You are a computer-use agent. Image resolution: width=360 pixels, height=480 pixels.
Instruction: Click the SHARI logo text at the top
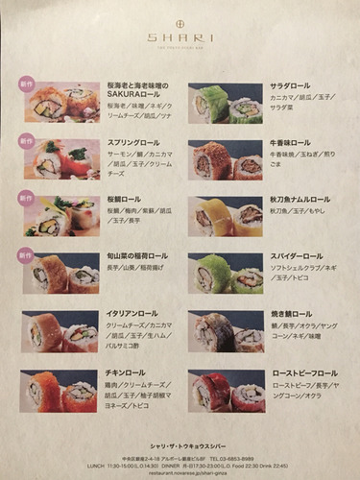pyautogui.click(x=180, y=37)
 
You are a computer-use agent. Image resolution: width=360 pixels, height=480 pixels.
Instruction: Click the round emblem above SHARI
pyautogui.click(x=180, y=20)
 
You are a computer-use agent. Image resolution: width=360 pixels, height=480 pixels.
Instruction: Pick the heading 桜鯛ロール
pyautogui.click(x=121, y=199)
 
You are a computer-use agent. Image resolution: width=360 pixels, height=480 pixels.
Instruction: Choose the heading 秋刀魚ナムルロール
pyautogui.click(x=306, y=199)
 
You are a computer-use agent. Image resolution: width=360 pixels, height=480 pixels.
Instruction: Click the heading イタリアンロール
pyautogui.click(x=132, y=314)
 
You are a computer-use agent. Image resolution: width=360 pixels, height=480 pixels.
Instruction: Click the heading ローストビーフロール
pyautogui.click(x=305, y=373)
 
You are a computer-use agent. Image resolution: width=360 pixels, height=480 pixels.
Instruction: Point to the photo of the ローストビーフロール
pyautogui.click(x=226, y=390)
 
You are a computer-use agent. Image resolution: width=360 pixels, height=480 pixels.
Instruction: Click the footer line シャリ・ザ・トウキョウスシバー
pyautogui.click(x=180, y=446)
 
